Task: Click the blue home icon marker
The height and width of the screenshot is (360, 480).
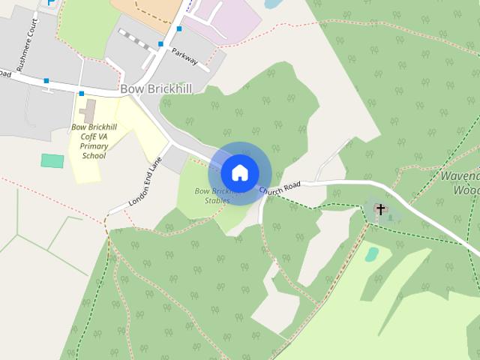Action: pos(239,172)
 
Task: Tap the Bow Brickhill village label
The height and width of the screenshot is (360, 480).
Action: pos(156,89)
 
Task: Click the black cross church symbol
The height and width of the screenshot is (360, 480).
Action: pos(380,209)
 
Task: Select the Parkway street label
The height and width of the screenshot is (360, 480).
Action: pos(184,56)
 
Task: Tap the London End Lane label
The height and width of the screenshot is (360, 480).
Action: pos(145,182)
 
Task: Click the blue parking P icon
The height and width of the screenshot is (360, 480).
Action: pos(51,2)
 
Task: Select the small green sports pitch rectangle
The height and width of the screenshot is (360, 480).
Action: pos(52,160)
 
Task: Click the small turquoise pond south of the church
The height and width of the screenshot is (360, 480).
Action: pos(372,254)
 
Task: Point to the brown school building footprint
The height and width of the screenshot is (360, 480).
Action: pos(89,111)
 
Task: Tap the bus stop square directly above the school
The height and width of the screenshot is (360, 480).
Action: pos(81,94)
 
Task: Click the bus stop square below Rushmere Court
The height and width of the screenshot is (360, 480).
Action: pos(46,80)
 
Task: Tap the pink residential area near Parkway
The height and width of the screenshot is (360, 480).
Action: pos(221,19)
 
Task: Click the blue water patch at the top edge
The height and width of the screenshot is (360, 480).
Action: pos(273,3)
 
